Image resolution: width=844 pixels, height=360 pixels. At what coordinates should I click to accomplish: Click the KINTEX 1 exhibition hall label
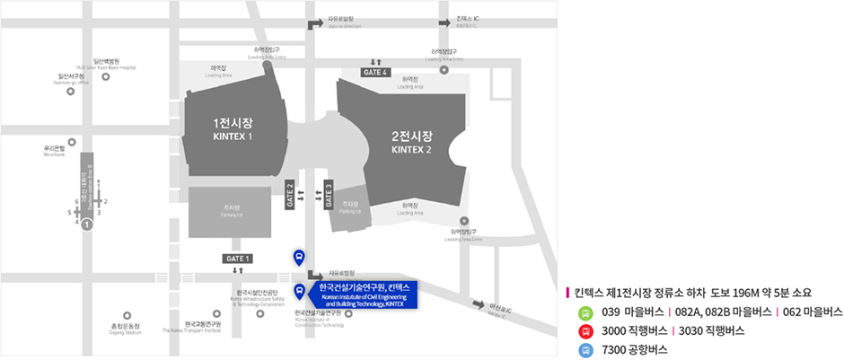coord(233,128)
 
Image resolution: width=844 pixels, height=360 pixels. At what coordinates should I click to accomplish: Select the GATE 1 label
coord(237,258)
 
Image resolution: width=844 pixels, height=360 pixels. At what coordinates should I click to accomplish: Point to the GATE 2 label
coord(289,194)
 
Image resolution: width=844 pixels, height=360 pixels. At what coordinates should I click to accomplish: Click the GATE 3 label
coord(329,194)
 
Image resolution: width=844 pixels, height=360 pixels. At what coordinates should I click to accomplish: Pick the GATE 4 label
coord(374,72)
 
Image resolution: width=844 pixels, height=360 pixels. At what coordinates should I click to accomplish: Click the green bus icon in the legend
coord(585,312)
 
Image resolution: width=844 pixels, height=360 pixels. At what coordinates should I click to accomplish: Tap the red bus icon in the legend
coord(585,330)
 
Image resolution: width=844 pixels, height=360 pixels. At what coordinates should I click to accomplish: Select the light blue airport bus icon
coord(585,348)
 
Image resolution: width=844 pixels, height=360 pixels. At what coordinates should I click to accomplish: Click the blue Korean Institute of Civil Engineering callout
coord(359,294)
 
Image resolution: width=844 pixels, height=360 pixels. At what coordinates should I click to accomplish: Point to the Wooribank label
coord(55,151)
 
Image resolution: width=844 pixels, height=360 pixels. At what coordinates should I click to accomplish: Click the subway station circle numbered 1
coord(86,226)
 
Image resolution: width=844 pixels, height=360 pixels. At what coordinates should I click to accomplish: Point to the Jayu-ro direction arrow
coord(314,21)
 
